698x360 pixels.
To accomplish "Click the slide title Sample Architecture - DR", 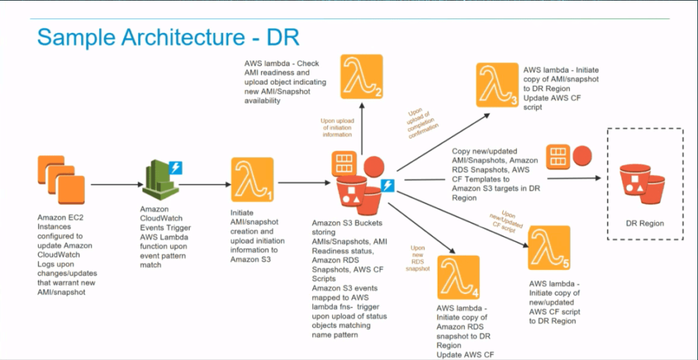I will (x=168, y=37).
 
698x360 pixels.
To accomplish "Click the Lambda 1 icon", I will (x=252, y=180).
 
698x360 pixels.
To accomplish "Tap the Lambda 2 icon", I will (x=361, y=76).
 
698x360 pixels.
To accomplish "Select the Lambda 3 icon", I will (x=498, y=85).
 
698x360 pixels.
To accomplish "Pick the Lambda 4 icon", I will (x=459, y=277).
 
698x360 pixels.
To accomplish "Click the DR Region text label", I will (x=644, y=223).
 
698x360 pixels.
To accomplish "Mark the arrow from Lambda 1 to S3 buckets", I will (x=300, y=182).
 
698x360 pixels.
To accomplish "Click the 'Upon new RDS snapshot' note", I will (x=420, y=258).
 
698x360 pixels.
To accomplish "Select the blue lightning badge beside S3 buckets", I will (x=389, y=185).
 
